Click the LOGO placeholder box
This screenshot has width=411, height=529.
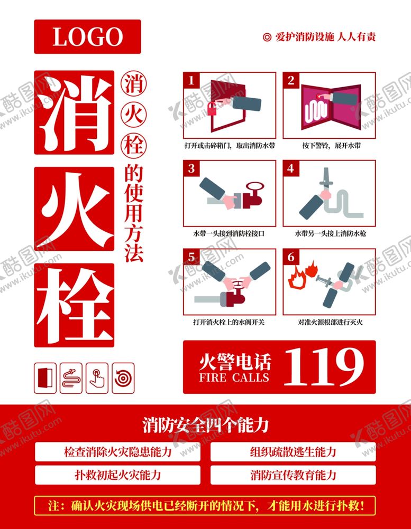pyautogui.click(x=87, y=36)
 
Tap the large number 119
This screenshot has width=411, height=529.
pyautogui.click(x=324, y=367)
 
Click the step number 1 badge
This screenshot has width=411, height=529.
pyautogui.click(x=191, y=80)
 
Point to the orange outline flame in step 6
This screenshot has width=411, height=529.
pyautogui.click(x=297, y=277)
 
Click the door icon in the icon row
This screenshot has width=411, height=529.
pyautogui.click(x=45, y=378)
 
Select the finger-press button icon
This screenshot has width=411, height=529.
pyautogui.click(x=97, y=378)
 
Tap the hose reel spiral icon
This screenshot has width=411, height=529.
pyautogui.click(x=123, y=378)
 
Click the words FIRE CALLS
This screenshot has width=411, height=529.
pyautogui.click(x=234, y=377)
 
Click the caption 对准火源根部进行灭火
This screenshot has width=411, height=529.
pyautogui.click(x=330, y=322)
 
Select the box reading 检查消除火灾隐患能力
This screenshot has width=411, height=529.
pyautogui.click(x=117, y=452)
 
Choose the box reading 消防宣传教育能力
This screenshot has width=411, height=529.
pyautogui.click(x=293, y=475)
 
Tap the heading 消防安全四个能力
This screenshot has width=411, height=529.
pyautogui.click(x=205, y=425)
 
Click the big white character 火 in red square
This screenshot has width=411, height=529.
pyautogui.click(x=75, y=209)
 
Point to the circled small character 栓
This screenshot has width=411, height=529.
pyautogui.click(x=134, y=146)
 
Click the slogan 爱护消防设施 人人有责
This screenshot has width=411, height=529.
pyautogui.click(x=319, y=36)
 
